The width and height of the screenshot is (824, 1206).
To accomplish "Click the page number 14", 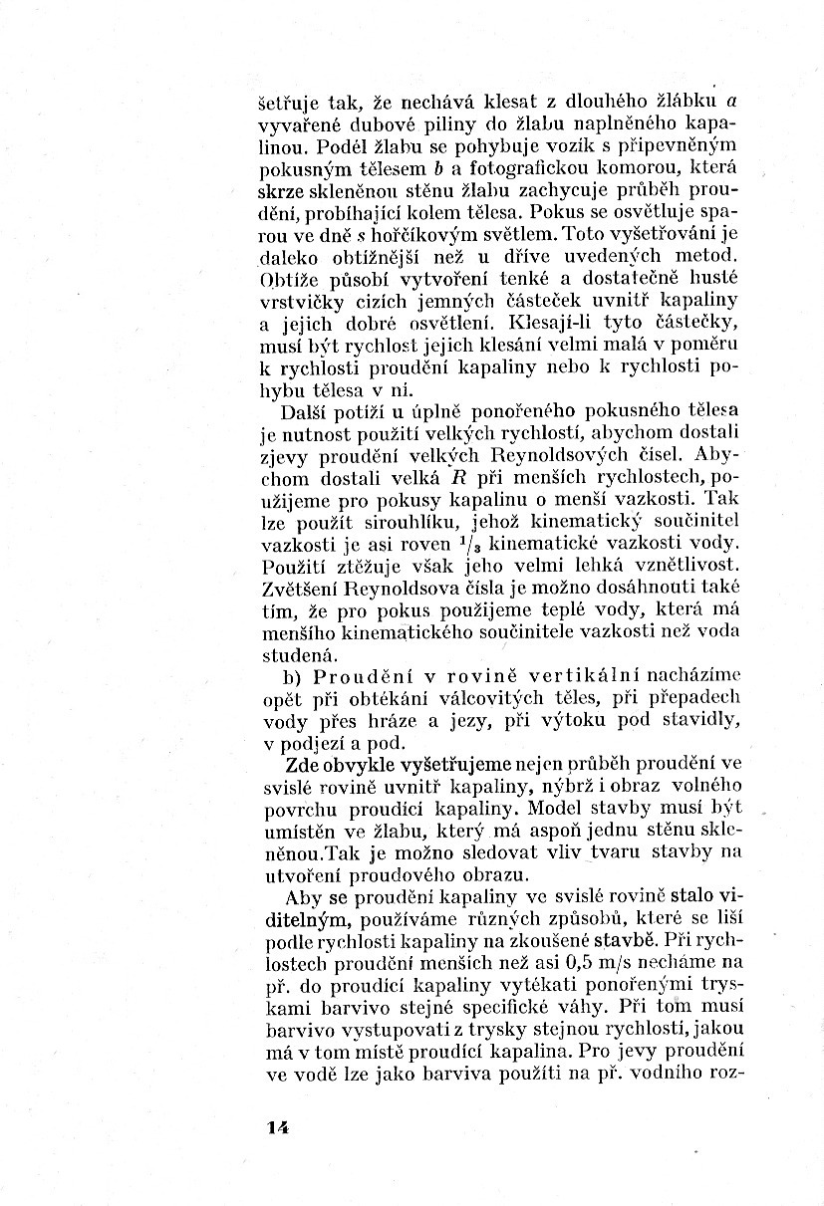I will point(277,1126).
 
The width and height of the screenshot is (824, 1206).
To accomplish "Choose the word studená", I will point(296,654).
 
